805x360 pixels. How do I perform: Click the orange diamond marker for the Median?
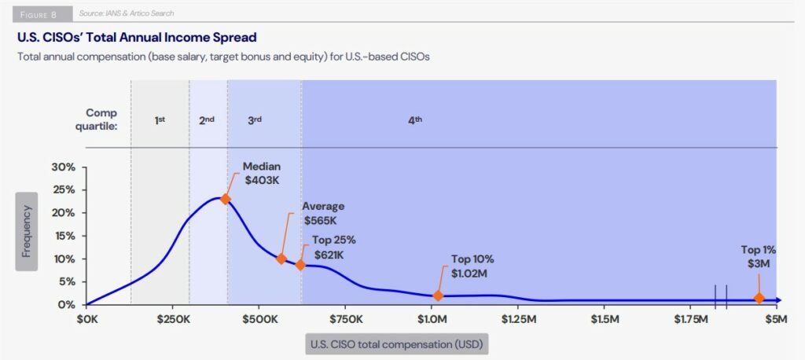click(225, 199)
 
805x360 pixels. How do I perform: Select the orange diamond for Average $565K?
click(281, 259)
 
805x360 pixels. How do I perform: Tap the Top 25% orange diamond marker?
click(300, 265)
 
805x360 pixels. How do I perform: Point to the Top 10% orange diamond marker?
click(438, 296)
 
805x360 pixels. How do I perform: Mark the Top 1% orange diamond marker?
click(759, 298)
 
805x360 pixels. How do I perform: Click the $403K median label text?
click(261, 180)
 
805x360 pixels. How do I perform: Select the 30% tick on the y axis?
click(64, 167)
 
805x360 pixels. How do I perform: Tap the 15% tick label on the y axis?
click(64, 236)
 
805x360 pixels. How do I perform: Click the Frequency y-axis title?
click(27, 231)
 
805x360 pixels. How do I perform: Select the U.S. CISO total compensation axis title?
click(397, 343)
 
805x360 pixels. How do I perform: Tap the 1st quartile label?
click(160, 119)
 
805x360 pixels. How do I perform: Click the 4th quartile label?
click(415, 119)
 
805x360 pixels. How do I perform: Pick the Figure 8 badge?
click(39, 13)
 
